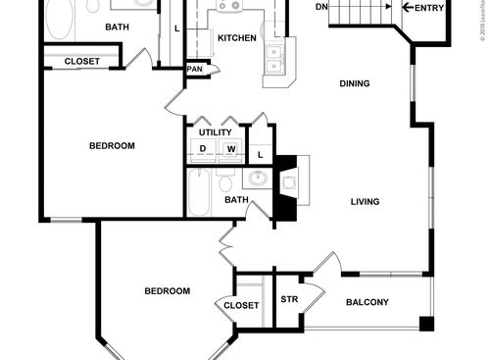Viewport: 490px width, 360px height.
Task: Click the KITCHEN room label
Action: (x=236, y=38)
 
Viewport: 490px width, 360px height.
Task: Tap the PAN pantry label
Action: (x=195, y=69)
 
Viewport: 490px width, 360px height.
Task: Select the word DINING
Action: (x=355, y=83)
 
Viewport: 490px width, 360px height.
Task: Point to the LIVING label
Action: (x=366, y=202)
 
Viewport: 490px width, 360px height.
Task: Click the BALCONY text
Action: (x=367, y=302)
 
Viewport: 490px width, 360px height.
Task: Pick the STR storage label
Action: (x=289, y=299)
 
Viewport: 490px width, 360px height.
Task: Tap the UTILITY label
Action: (x=215, y=131)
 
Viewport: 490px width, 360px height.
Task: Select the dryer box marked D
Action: (x=203, y=150)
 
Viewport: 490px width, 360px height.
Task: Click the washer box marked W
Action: (x=231, y=150)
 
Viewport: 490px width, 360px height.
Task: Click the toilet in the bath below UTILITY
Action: (x=225, y=182)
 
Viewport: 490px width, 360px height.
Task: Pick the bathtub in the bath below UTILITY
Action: (x=198, y=192)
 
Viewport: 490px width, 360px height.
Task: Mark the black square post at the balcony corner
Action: (x=425, y=324)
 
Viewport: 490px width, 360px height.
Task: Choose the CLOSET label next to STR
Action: (x=241, y=305)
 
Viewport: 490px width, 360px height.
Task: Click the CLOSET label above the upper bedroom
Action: (x=81, y=62)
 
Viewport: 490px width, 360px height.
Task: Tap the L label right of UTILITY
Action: (x=261, y=155)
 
